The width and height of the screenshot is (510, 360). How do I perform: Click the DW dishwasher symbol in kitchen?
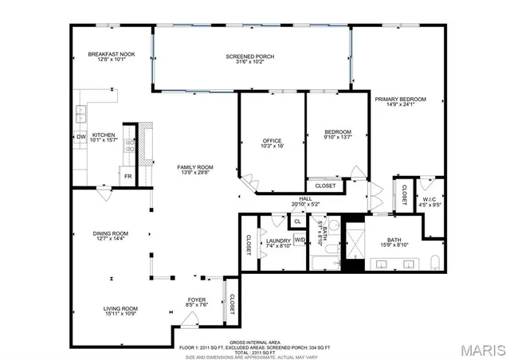pos(80,136)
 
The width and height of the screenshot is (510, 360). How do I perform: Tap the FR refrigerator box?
pos(127,176)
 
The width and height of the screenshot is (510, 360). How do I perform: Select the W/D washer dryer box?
pos(300,240)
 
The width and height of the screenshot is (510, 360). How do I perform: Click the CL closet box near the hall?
pos(297,221)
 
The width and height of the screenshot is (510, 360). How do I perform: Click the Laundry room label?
pos(278,240)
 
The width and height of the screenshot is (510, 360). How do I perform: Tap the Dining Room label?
pos(110,233)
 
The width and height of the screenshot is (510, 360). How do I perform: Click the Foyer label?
pos(197,299)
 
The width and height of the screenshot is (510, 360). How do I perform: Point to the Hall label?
pos(305,199)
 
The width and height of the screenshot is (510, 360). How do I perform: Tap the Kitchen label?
pos(104,136)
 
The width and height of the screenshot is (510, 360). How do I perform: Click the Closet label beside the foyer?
pos(232,303)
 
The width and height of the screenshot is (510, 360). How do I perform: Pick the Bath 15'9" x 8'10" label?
pos(394,240)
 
